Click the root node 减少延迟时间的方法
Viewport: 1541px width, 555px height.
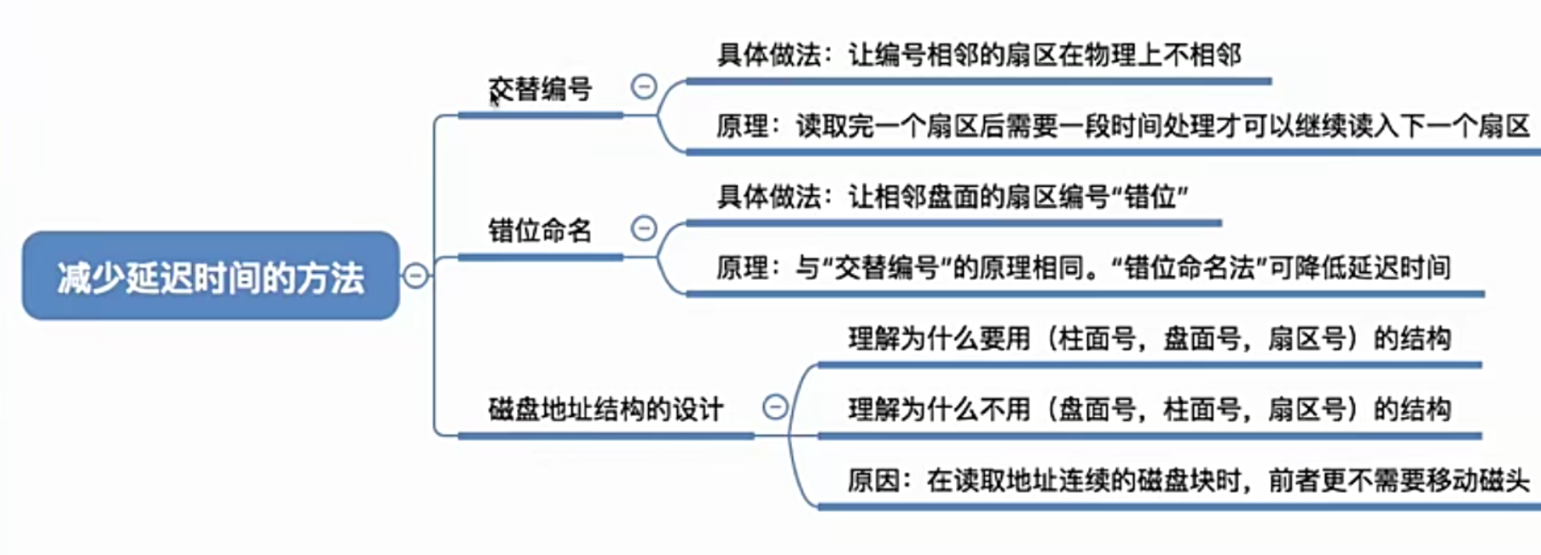(211, 276)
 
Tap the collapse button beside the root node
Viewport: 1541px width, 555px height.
(415, 275)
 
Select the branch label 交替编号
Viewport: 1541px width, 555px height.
(541, 89)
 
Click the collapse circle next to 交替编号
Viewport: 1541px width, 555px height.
(644, 86)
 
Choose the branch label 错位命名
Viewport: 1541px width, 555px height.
(540, 230)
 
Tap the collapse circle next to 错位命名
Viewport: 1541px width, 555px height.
(644, 228)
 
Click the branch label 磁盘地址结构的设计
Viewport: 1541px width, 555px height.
(605, 409)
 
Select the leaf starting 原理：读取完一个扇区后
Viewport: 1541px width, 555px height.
(1122, 126)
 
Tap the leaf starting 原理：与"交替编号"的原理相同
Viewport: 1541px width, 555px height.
(1083, 268)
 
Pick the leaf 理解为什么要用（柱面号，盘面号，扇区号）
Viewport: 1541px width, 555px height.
(1149, 338)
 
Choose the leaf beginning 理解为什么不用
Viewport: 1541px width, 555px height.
(1149, 409)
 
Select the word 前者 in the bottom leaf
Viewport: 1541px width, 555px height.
(1295, 481)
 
